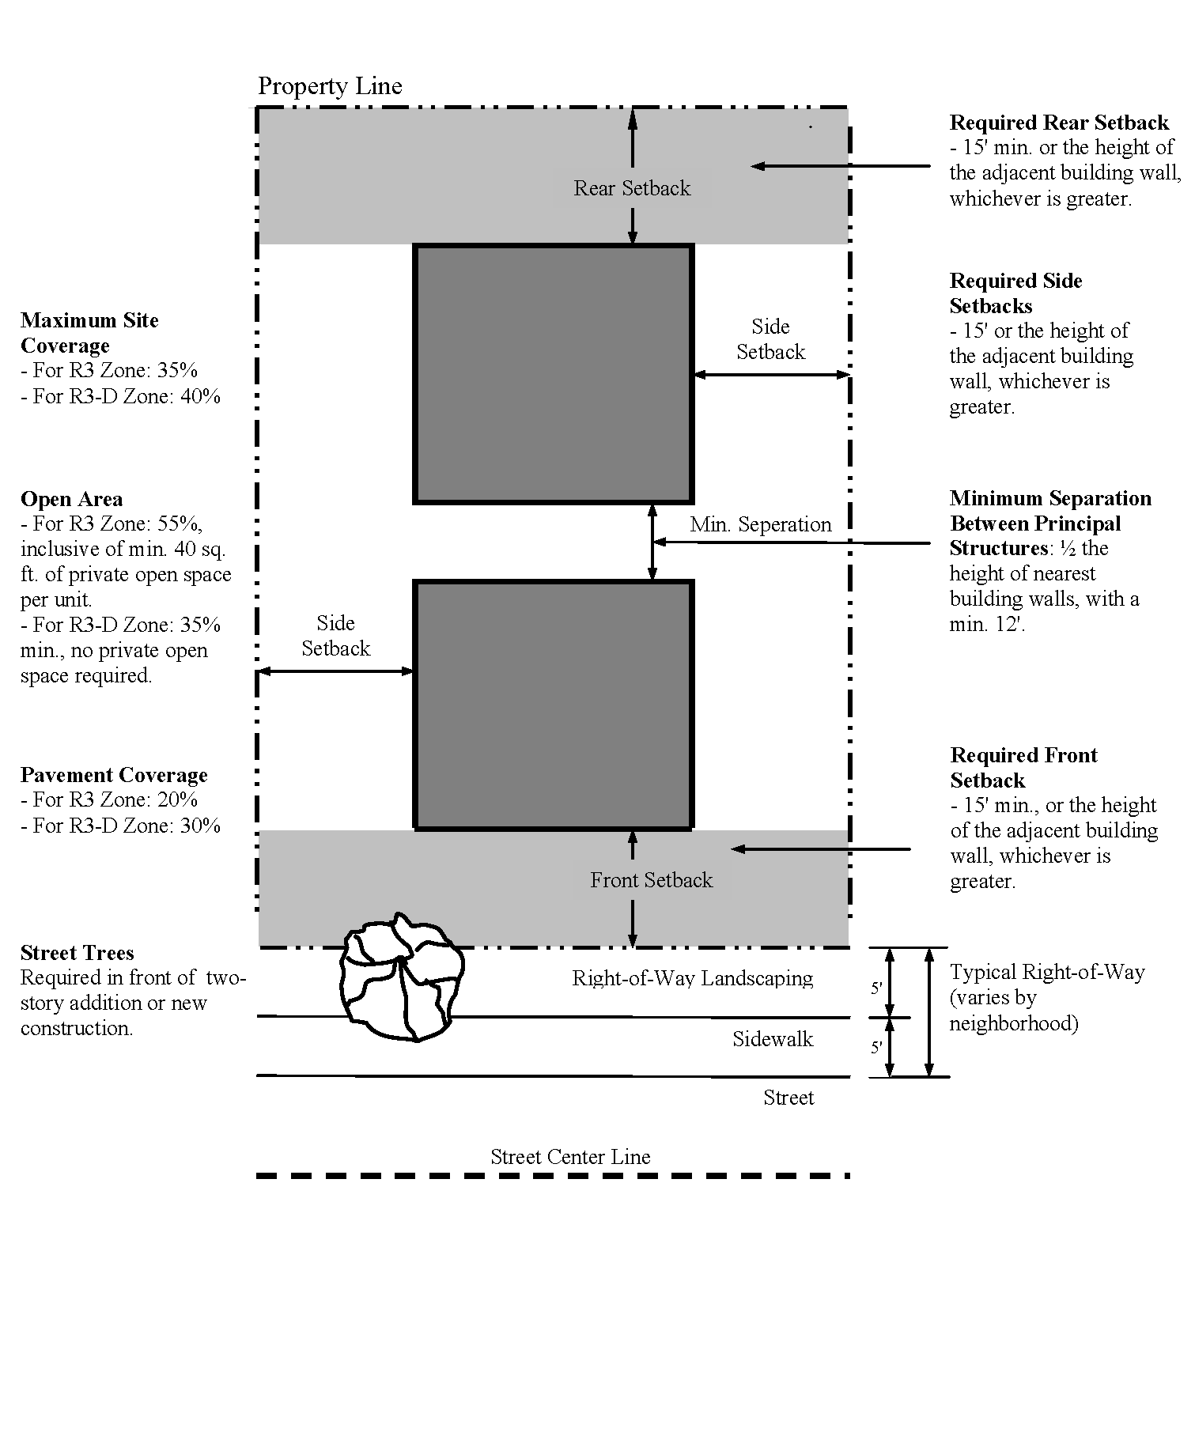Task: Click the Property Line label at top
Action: (330, 86)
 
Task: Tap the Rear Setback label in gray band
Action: (632, 188)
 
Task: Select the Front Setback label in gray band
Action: (651, 880)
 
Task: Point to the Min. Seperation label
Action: (760, 524)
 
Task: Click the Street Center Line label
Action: (570, 1157)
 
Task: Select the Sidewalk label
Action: (772, 1039)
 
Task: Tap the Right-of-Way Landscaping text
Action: (692, 979)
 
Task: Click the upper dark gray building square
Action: (554, 374)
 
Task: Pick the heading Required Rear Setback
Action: (1058, 123)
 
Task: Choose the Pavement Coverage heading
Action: (114, 775)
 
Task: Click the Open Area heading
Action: (71, 500)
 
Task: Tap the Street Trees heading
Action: (77, 953)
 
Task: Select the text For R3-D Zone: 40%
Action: (120, 396)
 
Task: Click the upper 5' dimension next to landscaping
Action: (876, 988)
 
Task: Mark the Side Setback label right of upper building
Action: (770, 339)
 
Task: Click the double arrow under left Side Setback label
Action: (336, 671)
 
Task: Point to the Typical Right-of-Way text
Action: (1047, 972)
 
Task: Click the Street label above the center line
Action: (788, 1098)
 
